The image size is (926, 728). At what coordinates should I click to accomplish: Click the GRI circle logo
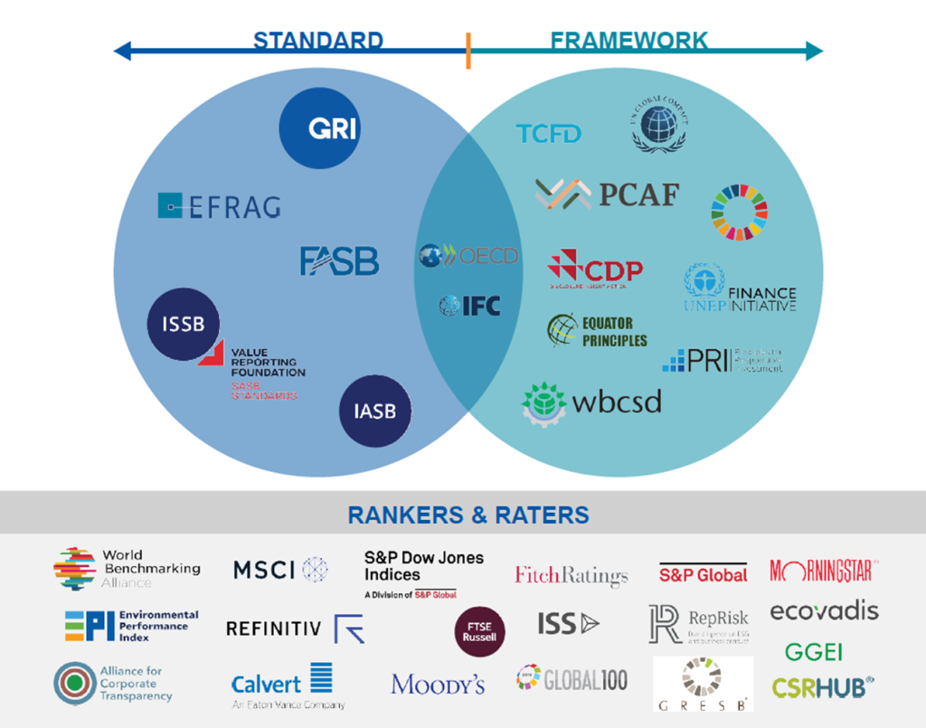coord(332,129)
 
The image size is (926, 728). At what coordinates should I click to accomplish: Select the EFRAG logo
coord(219,206)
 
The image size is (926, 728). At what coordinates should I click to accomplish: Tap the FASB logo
coord(339,260)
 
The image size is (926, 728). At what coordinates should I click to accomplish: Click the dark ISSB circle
coord(184,323)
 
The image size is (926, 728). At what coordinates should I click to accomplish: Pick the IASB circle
coord(374,411)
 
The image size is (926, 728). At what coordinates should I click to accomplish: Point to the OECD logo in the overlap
coord(468,256)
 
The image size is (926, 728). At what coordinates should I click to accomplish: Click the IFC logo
coord(469,306)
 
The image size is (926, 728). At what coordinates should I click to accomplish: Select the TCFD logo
coord(549,134)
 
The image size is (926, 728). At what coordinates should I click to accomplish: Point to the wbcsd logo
coord(592,401)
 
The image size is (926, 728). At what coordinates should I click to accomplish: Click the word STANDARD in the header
coord(317,41)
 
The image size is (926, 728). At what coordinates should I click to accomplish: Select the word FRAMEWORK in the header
coord(628,41)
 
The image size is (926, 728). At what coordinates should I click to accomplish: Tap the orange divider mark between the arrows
coord(468,51)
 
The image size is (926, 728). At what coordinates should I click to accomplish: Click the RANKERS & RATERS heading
coord(468,515)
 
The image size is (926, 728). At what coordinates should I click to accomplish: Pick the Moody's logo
coord(438,685)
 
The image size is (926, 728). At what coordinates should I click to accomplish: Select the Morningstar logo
coord(824,571)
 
